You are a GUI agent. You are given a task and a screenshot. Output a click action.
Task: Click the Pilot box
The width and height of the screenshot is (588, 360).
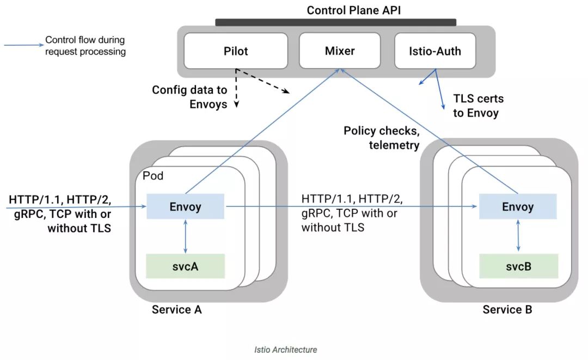pos(236,51)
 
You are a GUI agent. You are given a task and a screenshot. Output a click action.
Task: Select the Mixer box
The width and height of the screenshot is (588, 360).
pos(340,51)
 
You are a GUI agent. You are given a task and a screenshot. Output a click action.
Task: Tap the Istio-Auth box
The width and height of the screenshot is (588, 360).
pos(435,51)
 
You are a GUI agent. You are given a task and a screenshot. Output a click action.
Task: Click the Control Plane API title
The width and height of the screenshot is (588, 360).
pos(354,10)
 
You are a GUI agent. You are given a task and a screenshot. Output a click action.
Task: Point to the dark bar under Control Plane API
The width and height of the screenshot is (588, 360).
pos(335,22)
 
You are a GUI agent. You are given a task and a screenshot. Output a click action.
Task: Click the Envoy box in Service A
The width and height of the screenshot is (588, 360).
pos(186,207)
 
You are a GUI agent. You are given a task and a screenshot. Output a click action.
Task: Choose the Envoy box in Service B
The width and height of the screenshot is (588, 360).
pos(518,207)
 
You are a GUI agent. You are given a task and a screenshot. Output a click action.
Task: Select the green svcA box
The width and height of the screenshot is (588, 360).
pos(186,266)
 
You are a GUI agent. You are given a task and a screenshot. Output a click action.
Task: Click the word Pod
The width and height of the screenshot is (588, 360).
pos(152,176)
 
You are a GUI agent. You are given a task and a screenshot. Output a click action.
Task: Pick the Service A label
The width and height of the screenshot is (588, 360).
pos(177,309)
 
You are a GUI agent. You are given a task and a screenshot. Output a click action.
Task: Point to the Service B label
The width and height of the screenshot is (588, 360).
pos(507,309)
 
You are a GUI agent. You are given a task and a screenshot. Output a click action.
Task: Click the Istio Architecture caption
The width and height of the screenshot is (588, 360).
pos(285,350)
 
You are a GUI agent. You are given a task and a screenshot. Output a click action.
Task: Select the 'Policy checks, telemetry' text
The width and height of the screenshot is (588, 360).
pos(381,138)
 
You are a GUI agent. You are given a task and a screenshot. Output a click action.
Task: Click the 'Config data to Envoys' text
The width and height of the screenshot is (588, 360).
pos(189,97)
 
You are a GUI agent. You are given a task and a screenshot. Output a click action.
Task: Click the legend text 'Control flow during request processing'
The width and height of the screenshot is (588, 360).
pos(85,46)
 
